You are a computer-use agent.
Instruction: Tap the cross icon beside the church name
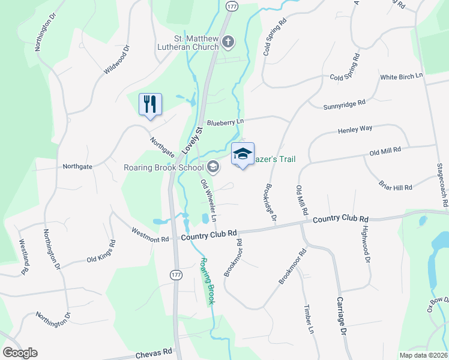[228, 42]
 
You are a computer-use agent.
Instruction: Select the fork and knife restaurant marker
[149, 104]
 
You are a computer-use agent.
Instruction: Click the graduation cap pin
[243, 155]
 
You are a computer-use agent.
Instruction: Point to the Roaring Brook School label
[164, 167]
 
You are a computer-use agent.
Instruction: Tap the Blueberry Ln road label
[226, 122]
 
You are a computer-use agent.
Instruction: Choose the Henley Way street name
[355, 129]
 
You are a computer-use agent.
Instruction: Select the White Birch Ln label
[402, 77]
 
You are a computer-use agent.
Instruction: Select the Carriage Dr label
[342, 316]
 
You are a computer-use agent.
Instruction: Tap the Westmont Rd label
[150, 235]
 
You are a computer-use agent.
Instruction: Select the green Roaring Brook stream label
[207, 281]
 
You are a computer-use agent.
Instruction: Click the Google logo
[20, 353]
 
